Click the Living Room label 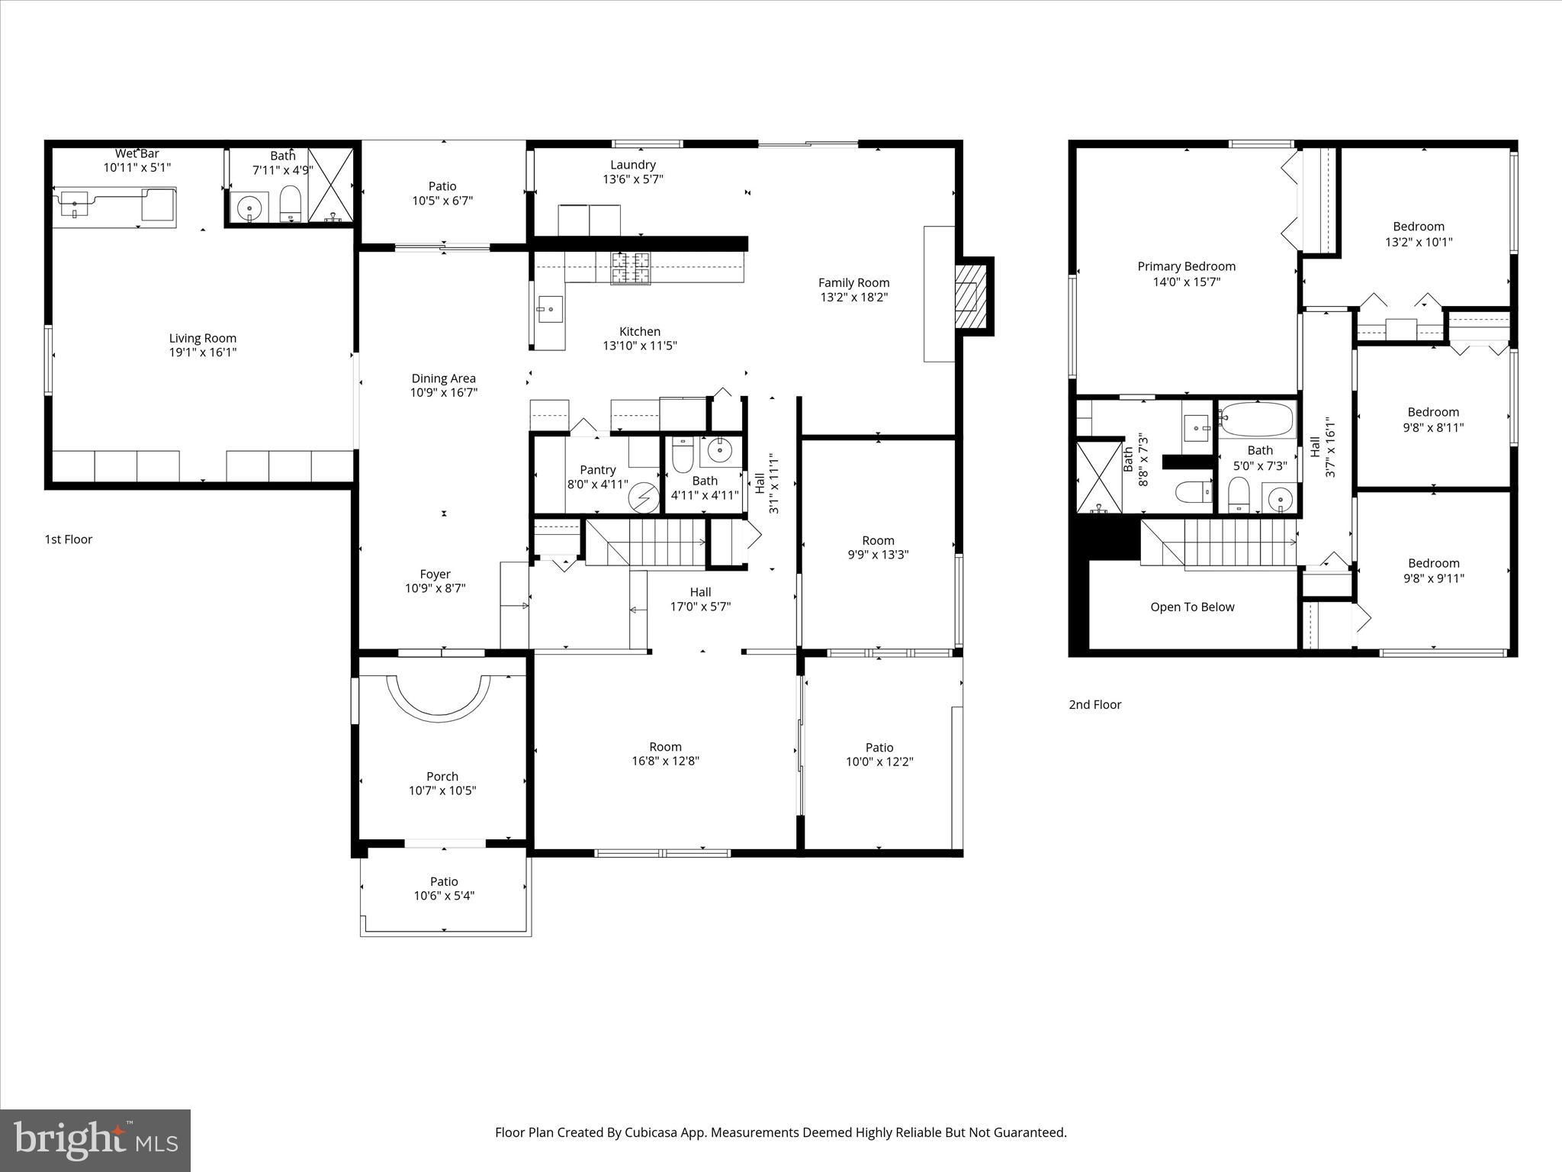[x=203, y=338]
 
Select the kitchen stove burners [x=631, y=267]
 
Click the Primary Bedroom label [x=1186, y=266]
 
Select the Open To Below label [x=1192, y=607]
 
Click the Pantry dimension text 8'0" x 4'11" [x=597, y=485]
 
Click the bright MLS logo [x=95, y=1140]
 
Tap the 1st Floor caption [x=69, y=539]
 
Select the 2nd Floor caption [x=1094, y=705]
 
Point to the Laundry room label [x=632, y=165]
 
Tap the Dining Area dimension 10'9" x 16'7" [x=443, y=393]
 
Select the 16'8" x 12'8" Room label [x=665, y=754]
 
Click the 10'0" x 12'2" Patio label [x=879, y=755]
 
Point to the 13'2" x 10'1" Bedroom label [x=1418, y=234]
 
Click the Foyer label [x=435, y=575]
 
